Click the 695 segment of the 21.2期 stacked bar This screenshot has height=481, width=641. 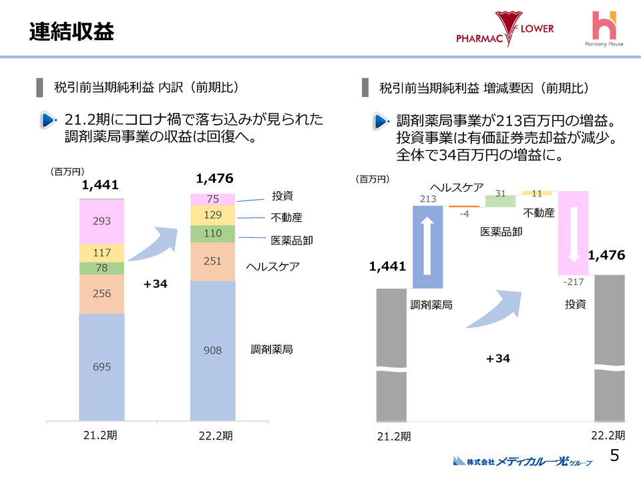click(101, 367)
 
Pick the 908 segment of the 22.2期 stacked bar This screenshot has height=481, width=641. click(212, 350)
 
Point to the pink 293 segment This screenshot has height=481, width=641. click(101, 221)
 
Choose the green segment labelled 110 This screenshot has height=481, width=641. click(212, 234)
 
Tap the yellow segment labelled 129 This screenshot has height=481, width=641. click(212, 215)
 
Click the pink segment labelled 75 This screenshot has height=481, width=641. click(212, 199)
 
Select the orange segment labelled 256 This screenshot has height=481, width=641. click(101, 294)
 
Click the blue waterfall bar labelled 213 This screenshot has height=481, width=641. click(428, 246)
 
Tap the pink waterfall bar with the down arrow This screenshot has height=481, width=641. click(573, 232)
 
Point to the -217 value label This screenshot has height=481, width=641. click(574, 282)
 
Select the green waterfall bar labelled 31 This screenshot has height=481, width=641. click(500, 200)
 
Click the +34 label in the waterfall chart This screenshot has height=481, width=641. click(497, 359)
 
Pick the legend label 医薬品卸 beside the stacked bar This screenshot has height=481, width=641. click(292, 239)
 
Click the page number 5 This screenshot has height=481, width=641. click(615, 456)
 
